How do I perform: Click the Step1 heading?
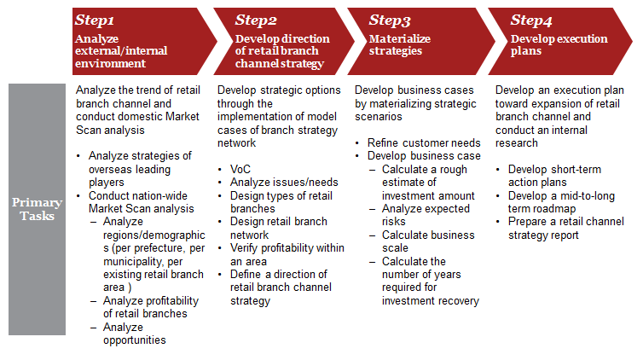(95, 20)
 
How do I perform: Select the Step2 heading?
(256, 20)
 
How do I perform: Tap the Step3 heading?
(390, 20)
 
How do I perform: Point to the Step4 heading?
(531, 20)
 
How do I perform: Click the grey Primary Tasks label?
(37, 209)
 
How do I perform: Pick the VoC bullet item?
(240, 170)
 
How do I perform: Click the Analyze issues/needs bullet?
(284, 183)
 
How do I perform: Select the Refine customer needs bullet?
(424, 143)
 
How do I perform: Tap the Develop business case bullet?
(424, 156)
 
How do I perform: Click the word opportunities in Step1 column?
(135, 340)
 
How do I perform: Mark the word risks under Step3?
(394, 222)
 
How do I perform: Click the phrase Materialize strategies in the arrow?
(400, 44)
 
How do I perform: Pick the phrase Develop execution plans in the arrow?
(559, 44)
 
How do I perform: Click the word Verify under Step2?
(244, 248)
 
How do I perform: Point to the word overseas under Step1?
(108, 170)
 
